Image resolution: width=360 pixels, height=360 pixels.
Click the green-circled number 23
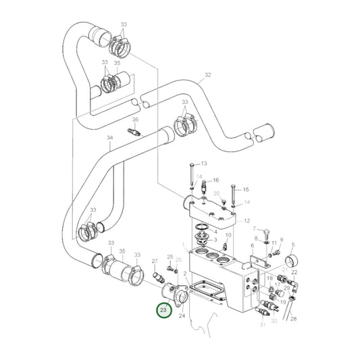[x=163, y=311]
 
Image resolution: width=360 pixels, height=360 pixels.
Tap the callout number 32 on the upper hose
[x=208, y=75]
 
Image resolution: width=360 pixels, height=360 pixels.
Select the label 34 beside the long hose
[x=109, y=138]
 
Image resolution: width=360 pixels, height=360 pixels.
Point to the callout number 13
[x=204, y=164]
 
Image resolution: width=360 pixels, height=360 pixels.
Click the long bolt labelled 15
[x=232, y=196]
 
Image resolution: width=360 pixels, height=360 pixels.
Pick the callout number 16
[x=216, y=181]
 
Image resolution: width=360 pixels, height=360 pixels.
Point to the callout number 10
[x=228, y=235]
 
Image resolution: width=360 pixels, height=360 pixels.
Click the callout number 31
[x=261, y=325]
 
